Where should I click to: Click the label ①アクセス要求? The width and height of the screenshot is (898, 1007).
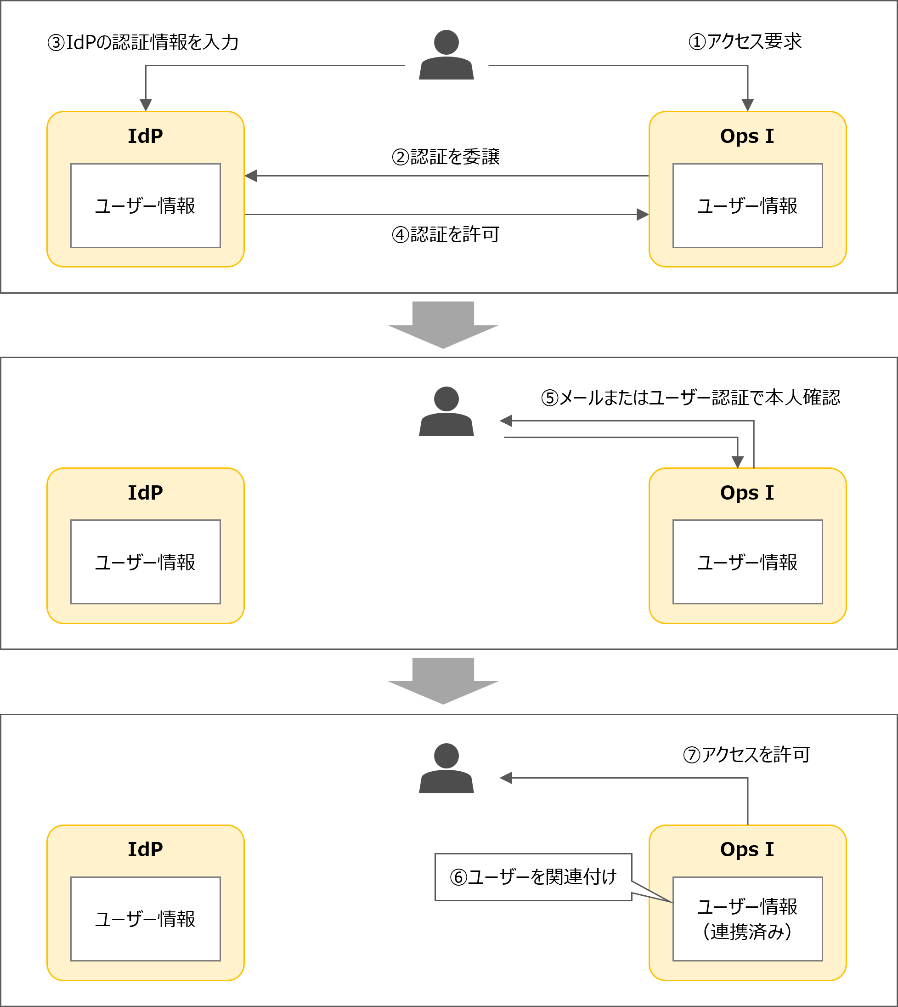click(x=745, y=42)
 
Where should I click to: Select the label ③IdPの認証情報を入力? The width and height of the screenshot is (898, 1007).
click(x=143, y=42)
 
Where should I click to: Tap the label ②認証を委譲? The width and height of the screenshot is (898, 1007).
click(x=446, y=157)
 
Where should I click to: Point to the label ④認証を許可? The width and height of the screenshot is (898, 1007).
click(x=446, y=234)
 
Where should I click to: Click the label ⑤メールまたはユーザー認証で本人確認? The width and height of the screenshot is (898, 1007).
click(x=690, y=398)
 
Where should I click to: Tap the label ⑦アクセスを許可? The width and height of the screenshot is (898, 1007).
click(x=746, y=755)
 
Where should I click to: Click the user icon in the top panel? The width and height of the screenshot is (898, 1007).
click(x=446, y=55)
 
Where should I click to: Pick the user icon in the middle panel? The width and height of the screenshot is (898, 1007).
click(x=446, y=412)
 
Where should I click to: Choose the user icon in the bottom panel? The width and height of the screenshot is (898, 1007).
click(x=446, y=768)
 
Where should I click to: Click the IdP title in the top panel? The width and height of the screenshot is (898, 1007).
click(x=145, y=136)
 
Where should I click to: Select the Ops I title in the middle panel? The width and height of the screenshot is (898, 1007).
click(x=747, y=493)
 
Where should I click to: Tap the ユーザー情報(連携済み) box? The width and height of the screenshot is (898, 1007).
click(x=747, y=919)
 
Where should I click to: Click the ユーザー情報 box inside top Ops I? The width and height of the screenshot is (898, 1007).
click(x=747, y=206)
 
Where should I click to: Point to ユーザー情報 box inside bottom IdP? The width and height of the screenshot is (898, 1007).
click(x=145, y=919)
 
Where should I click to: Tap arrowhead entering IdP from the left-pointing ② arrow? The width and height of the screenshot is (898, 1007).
click(x=251, y=176)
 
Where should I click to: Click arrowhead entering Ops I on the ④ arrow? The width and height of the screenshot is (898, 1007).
click(x=642, y=215)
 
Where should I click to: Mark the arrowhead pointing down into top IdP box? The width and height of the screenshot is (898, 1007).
click(x=146, y=105)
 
